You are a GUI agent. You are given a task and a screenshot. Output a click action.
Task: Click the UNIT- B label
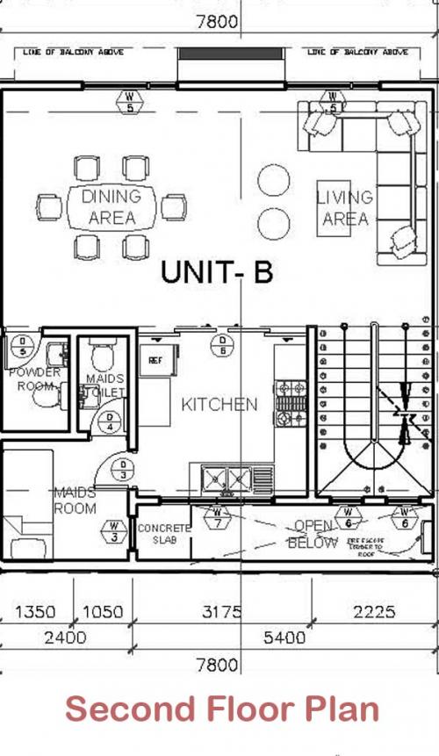pos(216,272)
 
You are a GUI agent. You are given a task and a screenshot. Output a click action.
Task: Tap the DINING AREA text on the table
pos(112,206)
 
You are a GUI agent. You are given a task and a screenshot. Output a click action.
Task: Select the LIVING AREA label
pos(344,208)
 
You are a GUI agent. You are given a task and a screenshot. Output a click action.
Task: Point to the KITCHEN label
pos(219,404)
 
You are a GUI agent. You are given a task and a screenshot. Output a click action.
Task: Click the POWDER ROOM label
pos(34,378)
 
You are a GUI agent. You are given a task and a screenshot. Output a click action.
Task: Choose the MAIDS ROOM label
pos(75,500)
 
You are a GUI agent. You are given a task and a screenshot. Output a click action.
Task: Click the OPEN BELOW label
pos(313,534)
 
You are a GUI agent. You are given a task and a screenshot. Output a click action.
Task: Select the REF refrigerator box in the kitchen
pos(156,360)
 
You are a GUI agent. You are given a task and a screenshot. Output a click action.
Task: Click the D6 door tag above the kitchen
pos(223,345)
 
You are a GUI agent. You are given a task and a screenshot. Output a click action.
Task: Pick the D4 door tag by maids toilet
pos(111,422)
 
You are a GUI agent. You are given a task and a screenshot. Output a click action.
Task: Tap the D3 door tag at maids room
pos(124,470)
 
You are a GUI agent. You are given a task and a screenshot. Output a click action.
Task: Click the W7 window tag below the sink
pos(218,518)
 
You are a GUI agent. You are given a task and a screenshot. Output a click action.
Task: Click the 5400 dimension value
pos(284,637)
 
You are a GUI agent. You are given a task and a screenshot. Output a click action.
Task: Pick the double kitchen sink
pos(227,479)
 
